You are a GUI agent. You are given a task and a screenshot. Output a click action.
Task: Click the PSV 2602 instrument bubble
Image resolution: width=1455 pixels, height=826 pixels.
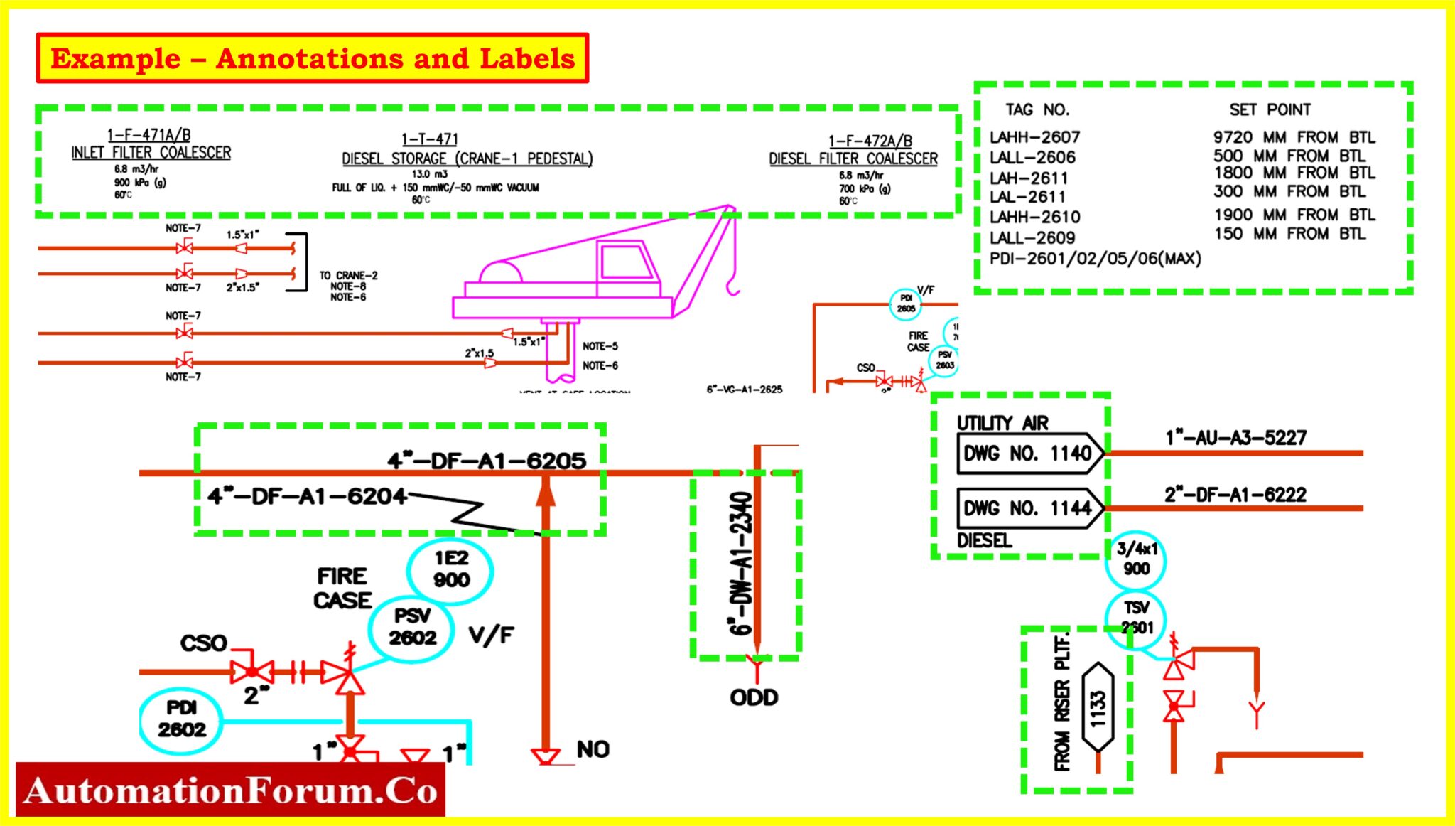pos(411,627)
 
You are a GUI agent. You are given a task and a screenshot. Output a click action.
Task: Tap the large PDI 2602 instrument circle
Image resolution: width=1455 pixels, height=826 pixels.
pos(181,719)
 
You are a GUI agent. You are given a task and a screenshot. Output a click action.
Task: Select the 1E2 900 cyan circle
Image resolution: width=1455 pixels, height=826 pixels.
pos(451,570)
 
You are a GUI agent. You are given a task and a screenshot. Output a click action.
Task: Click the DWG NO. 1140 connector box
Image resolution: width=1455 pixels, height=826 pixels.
pos(1029,454)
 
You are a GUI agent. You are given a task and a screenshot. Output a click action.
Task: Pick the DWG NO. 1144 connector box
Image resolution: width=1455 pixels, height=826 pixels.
pos(1029,508)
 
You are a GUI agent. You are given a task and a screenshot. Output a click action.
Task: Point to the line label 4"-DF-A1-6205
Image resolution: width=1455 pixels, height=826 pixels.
pos(487,461)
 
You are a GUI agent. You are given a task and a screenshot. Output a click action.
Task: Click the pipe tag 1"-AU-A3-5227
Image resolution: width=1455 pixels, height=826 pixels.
pos(1235,438)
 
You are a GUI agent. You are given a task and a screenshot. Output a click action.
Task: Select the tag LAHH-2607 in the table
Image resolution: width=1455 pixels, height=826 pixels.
pos(1034,137)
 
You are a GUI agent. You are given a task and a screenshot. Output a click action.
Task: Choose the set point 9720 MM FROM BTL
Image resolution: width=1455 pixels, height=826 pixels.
pos(1294,137)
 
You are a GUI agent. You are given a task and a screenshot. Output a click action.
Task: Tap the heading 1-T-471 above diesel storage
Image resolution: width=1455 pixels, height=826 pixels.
pos(430,139)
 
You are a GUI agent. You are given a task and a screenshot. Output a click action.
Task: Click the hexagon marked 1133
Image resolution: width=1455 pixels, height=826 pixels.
pos(1098,708)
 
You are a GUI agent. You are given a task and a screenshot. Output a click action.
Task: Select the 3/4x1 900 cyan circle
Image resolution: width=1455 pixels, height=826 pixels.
pos(1136,559)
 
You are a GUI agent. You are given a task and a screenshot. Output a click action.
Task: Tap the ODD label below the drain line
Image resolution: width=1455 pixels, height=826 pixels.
pos(754,697)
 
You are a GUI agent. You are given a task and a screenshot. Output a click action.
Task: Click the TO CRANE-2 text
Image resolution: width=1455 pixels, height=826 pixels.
pos(348,275)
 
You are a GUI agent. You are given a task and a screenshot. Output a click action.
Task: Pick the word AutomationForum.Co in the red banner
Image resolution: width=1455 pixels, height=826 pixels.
pos(230,790)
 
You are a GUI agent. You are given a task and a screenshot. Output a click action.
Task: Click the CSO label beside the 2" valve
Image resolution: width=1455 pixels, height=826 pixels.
pos(203,643)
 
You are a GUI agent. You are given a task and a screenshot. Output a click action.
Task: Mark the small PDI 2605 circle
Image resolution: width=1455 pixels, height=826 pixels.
pos(906,304)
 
